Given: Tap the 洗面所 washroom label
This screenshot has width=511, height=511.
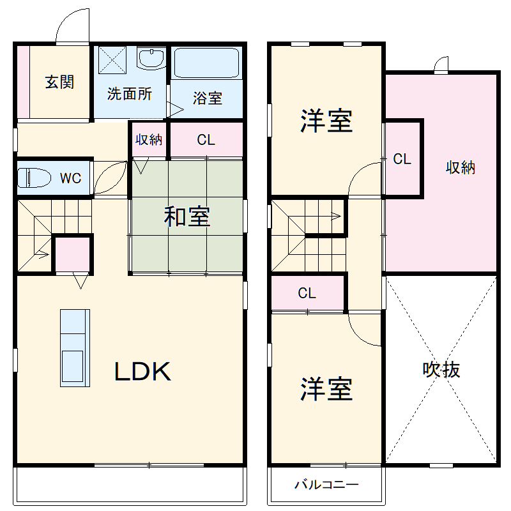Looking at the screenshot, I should (129, 93).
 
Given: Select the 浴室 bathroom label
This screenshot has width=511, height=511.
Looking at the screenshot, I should (208, 98).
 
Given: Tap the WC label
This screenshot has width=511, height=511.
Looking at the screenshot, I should (70, 178).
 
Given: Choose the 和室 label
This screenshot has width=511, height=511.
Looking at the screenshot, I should (187, 217).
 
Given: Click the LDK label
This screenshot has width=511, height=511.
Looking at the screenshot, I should (142, 372).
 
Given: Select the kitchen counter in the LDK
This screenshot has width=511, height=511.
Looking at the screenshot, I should (75, 347).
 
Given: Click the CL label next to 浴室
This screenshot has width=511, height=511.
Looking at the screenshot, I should (206, 140).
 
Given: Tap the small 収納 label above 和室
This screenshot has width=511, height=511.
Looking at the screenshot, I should (149, 140).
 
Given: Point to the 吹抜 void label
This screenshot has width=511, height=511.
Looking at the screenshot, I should (441, 370).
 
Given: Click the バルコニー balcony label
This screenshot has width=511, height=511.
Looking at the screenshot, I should (326, 484).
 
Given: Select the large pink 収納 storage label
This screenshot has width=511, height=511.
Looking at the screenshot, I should (460, 167).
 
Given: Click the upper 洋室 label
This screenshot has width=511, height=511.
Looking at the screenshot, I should (326, 121).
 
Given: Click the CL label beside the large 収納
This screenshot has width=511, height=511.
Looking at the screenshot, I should (402, 159).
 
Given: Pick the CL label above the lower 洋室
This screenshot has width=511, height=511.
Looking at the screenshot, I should (307, 293).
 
